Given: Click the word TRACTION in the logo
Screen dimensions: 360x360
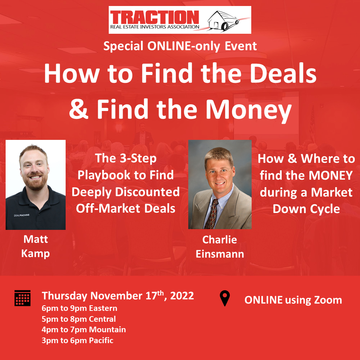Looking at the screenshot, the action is pyautogui.click(x=154, y=17).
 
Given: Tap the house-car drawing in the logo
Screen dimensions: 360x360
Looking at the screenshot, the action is pyautogui.click(x=224, y=21).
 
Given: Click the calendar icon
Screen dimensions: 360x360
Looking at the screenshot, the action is pyautogui.click(x=22, y=298).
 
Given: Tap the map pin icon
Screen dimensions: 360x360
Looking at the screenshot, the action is pyautogui.click(x=225, y=298).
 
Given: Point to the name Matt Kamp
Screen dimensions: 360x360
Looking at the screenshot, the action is pyautogui.click(x=36, y=247).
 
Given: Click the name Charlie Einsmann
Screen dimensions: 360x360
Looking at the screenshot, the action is pyautogui.click(x=220, y=247).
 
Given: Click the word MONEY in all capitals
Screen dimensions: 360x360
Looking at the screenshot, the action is pyautogui.click(x=331, y=175).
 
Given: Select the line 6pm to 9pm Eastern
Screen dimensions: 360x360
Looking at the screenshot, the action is pyautogui.click(x=79, y=308).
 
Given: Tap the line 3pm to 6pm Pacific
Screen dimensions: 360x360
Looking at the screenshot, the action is pyautogui.click(x=78, y=340).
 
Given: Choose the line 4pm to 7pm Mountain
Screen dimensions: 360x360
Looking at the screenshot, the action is pyautogui.click(x=84, y=330).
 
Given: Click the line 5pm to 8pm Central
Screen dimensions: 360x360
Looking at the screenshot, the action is pyautogui.click(x=79, y=319).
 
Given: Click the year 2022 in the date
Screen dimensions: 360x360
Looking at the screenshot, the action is pyautogui.click(x=182, y=296).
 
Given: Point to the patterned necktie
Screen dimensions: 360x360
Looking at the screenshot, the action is pyautogui.click(x=212, y=214).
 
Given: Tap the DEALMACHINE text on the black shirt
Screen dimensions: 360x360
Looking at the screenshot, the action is pyautogui.click(x=22, y=215).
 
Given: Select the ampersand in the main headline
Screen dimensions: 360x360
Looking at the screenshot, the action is pyautogui.click(x=78, y=109).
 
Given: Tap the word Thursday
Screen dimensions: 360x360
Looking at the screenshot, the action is pyautogui.click(x=64, y=296).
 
